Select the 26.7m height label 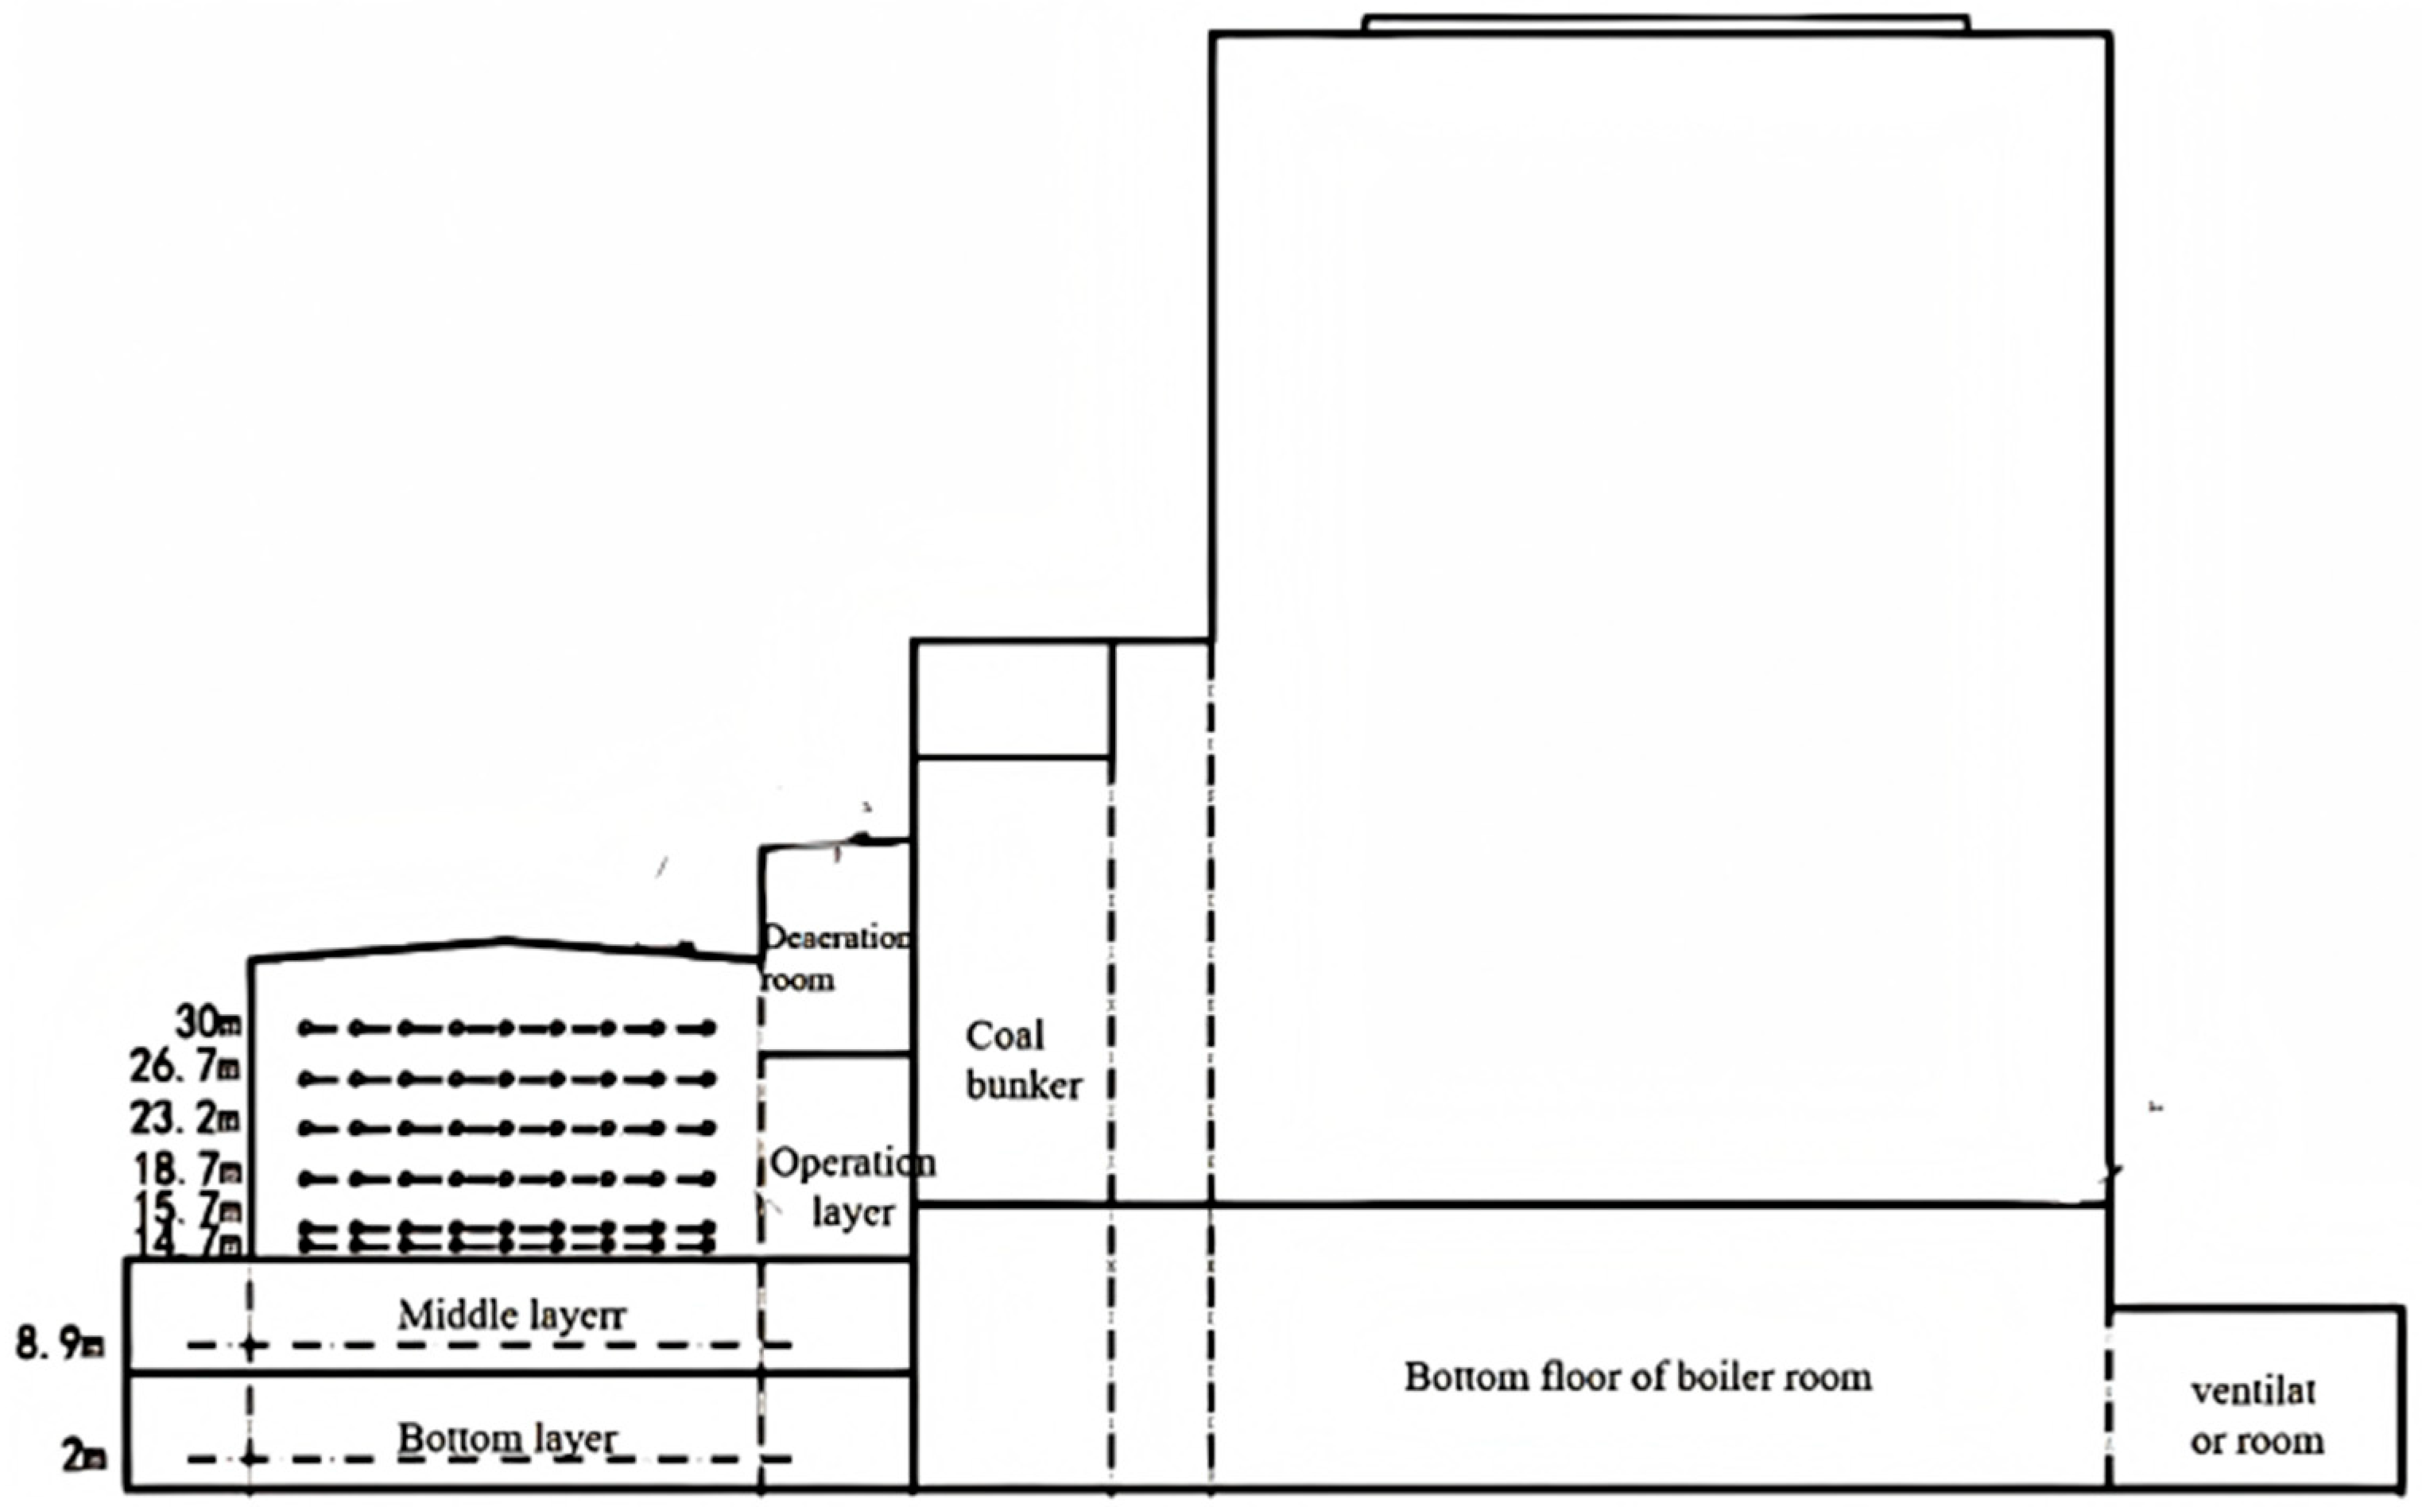(x=185, y=1067)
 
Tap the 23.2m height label (x=185, y=1118)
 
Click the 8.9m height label (x=60, y=1345)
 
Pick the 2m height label (x=83, y=1457)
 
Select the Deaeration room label (x=835, y=958)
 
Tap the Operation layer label (x=852, y=1187)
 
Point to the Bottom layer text (x=507, y=1438)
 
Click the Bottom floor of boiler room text (x=1637, y=1377)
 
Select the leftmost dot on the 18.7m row (x=306, y=1179)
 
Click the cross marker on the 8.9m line (x=250, y=1346)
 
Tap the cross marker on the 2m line (x=250, y=1459)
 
